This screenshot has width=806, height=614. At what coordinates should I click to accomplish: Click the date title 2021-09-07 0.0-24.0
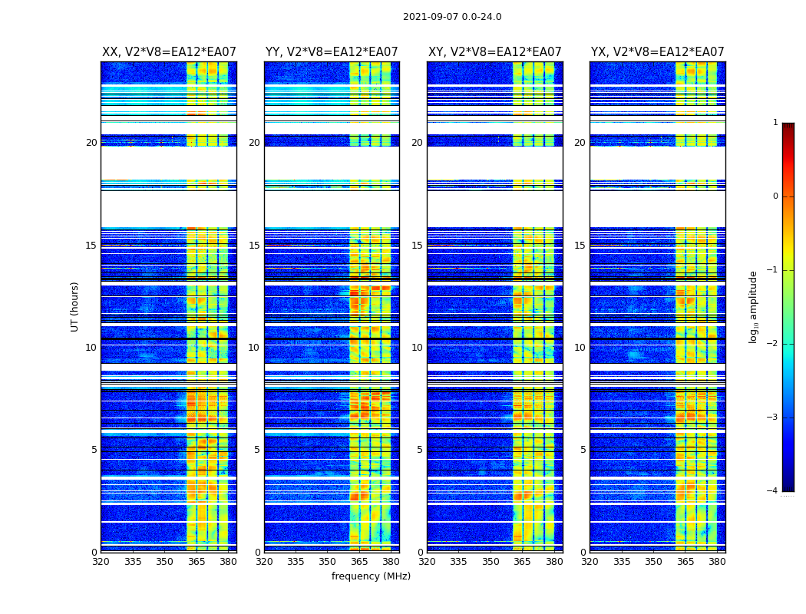pos(452,17)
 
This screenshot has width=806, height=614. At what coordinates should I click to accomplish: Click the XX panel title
pos(169,52)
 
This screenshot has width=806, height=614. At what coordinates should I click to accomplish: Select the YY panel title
pos(332,52)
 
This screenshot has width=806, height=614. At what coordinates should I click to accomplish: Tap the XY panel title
pos(494,52)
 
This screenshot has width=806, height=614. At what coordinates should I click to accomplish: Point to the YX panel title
pos(657,52)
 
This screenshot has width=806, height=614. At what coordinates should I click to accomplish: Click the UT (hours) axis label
pos(75,306)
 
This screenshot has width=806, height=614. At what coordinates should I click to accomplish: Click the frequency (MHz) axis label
pos(371,576)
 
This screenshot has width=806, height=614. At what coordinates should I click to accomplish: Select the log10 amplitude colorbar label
pos(754,306)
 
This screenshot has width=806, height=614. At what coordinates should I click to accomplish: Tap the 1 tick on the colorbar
pos(775,123)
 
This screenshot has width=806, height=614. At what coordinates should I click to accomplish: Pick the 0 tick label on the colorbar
pos(775,196)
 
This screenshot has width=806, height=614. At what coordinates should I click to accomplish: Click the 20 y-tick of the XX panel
pos(91,143)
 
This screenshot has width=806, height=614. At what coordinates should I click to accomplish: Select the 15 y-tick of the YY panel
pos(254,246)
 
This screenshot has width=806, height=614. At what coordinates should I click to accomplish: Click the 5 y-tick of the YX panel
pos(583,450)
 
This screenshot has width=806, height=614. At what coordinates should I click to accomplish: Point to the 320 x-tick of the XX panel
pos(101,562)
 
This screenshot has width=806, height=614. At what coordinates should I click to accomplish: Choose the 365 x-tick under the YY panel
pos(359,562)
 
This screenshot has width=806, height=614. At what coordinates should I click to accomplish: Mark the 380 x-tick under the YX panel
pos(717,562)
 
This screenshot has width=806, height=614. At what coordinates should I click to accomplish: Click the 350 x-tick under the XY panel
pos(491,562)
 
